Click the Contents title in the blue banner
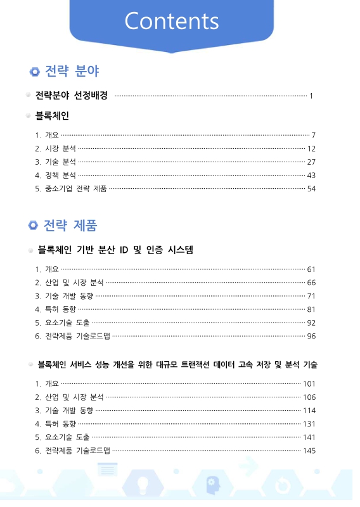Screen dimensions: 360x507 (x=172, y=21)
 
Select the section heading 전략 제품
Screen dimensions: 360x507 (x=70, y=225)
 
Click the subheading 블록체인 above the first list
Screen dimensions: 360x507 (x=52, y=116)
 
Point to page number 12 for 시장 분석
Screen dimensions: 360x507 (x=311, y=148)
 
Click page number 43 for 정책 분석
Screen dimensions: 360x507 (x=311, y=175)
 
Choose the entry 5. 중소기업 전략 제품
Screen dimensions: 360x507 (x=71, y=188)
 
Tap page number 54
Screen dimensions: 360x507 (x=311, y=188)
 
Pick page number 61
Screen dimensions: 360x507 (x=311, y=269)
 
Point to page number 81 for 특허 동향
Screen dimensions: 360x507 (x=311, y=309)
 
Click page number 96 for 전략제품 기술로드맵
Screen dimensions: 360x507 (x=311, y=336)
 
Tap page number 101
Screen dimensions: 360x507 (x=309, y=383)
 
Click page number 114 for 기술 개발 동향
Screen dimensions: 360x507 (x=309, y=410)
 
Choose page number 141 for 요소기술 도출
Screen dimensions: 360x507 (x=309, y=437)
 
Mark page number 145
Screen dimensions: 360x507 (x=309, y=451)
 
